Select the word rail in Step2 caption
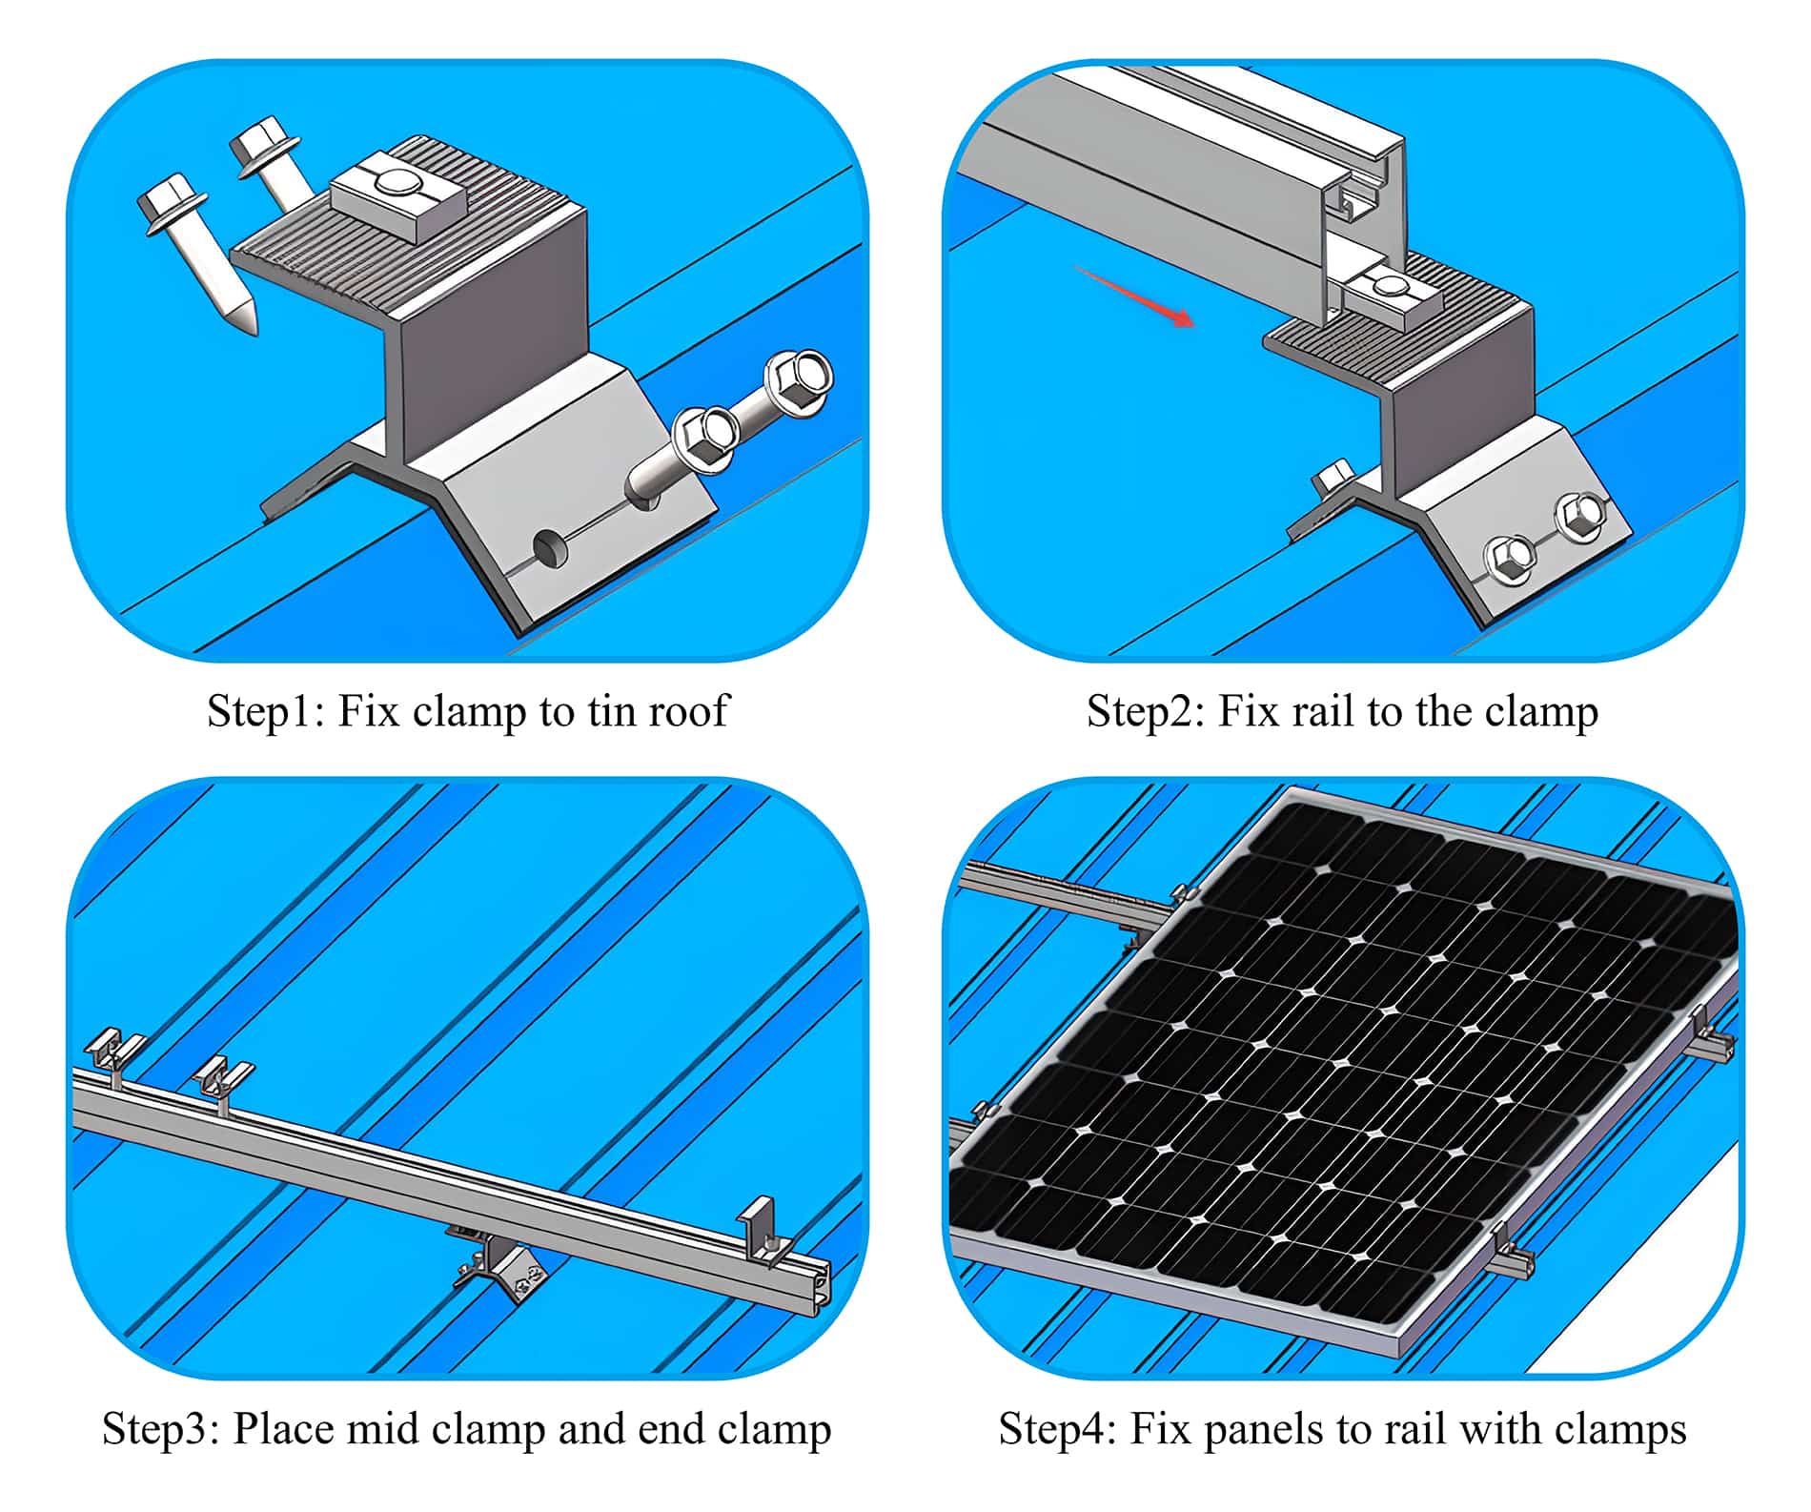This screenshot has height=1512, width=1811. [1319, 711]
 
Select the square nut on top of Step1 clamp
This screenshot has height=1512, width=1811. [397, 197]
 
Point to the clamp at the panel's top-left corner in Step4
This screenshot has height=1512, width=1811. [1182, 898]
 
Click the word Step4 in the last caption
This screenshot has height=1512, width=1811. [1054, 1429]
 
